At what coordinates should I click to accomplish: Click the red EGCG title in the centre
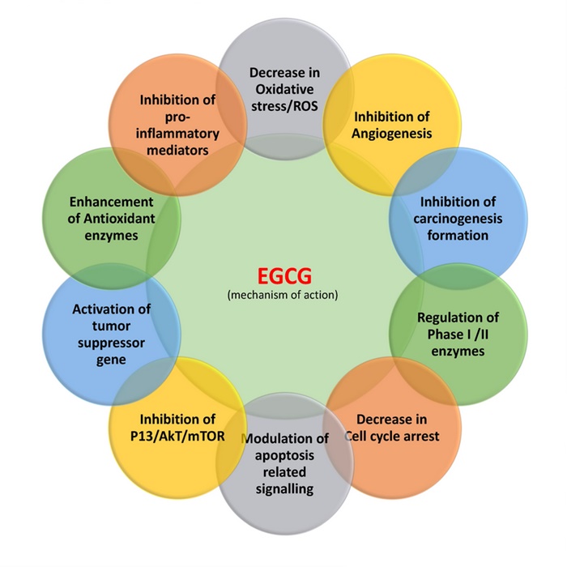click(283, 278)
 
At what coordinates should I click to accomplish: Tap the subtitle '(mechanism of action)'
click(283, 295)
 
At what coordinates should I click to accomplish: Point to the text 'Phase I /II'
click(458, 335)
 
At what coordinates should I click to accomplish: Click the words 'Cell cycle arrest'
click(392, 437)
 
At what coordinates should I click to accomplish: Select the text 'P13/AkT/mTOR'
click(177, 437)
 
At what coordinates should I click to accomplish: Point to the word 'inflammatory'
click(177, 133)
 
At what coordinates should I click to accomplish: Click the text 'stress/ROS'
click(284, 106)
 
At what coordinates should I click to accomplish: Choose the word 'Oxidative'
click(284, 89)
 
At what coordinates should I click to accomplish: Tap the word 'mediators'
click(177, 150)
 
